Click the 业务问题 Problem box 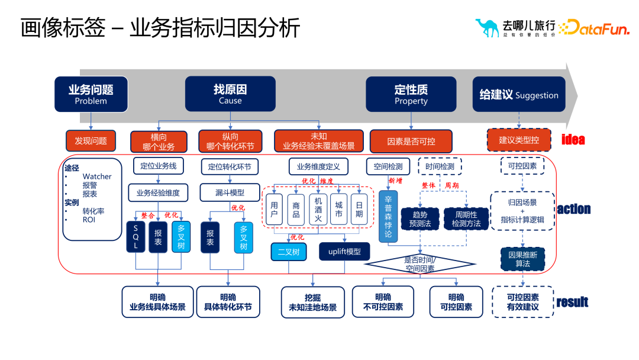pos(91,94)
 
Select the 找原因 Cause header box pos(230,94)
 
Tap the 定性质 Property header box pos(411,94)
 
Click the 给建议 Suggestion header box pos(518,94)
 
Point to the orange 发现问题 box pos(91,141)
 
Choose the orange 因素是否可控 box pos(411,142)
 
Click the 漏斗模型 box pos(230,192)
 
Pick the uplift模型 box pos(344,252)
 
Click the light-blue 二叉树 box pos(289,252)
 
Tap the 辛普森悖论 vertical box pos(388,216)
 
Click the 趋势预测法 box pos(420,218)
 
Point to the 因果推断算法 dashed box pos(522,259)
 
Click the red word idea pos(573,140)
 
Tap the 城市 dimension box pos(338,210)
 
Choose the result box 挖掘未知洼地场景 pos(312,303)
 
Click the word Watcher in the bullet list pos(97,176)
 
